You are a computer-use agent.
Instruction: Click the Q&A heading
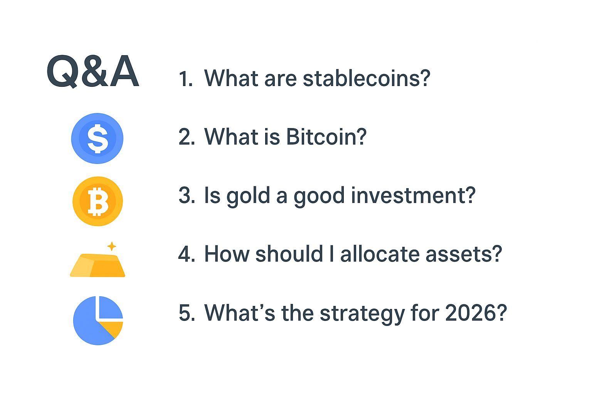[92, 72]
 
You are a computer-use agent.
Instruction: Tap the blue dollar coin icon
[97, 138]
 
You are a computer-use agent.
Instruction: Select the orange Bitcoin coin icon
[98, 201]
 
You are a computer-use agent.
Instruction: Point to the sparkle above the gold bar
[111, 246]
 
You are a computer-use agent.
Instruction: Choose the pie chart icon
[98, 320]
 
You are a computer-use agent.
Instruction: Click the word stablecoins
[366, 78]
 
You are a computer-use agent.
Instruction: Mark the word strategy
[362, 313]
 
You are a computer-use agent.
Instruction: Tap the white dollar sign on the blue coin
[97, 138]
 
